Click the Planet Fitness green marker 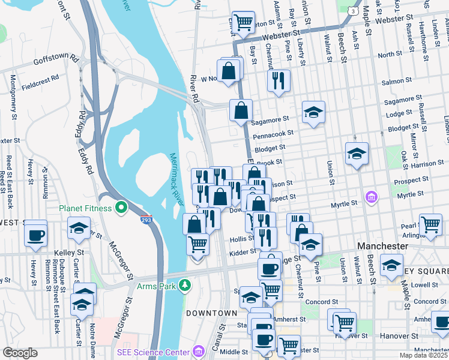pos(121,208)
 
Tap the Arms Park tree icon pos(186,286)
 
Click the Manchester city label pos(382,246)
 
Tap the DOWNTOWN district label pos(211,313)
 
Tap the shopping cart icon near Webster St pos(243,22)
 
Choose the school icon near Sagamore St pos(313,112)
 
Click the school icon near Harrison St pos(357,154)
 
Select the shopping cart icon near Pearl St pos(430,225)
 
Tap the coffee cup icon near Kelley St pos(36,234)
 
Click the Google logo pos(20,353)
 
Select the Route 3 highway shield pos(354,11)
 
